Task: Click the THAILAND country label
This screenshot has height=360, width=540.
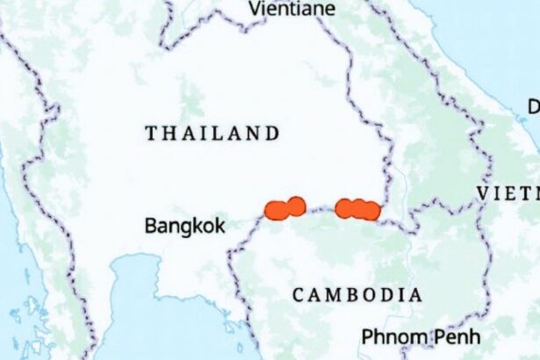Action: [212, 134]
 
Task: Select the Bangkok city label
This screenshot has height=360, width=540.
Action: [184, 226]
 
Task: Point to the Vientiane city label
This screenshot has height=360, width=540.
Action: [292, 9]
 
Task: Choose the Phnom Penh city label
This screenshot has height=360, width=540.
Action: [408, 337]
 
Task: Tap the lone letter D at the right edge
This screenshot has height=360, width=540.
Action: [534, 107]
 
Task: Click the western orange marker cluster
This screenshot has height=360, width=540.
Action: [284, 208]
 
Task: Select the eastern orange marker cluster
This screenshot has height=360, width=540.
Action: [357, 209]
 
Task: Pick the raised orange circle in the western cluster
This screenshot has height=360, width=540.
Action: [296, 205]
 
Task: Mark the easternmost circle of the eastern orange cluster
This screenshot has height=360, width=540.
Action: [371, 211]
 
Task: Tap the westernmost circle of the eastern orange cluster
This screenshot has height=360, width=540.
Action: [344, 208]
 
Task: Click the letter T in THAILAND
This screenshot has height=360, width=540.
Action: [151, 134]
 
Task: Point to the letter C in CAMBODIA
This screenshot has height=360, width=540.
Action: [299, 295]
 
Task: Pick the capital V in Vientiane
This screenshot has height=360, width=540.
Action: [255, 9]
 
